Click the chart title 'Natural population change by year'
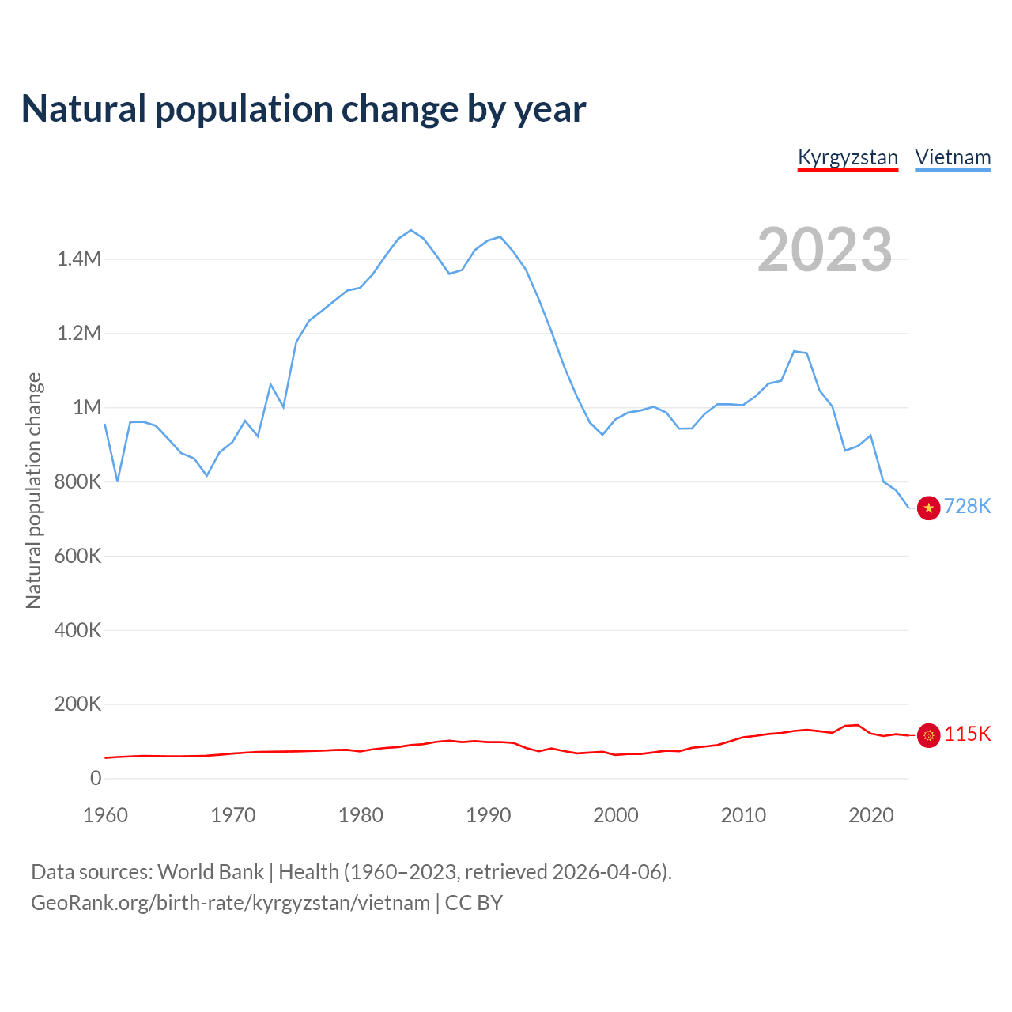304,109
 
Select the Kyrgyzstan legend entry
848,157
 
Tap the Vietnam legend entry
953,157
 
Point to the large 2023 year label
825,250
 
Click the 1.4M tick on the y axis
78,259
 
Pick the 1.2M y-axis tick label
78,333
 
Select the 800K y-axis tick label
77,481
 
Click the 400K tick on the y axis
77,630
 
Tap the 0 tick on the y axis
96,778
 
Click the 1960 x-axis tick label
105,815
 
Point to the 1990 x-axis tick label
488,815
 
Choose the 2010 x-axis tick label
743,815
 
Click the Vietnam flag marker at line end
928,508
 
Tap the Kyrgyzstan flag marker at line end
928,735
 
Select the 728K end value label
968,507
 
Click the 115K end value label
968,734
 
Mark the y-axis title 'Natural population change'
33,490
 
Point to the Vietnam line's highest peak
410,230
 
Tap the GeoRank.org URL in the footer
230,903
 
